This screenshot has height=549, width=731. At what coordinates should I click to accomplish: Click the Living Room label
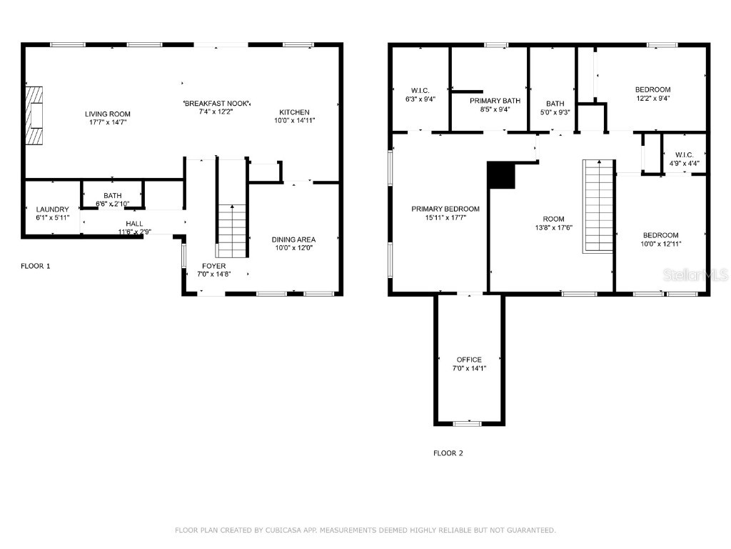pos(108,114)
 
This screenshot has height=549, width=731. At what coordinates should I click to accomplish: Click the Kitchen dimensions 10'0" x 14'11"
pos(294,122)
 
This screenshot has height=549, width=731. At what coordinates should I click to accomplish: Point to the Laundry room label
pos(53,209)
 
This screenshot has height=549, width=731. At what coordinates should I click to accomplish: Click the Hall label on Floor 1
pos(134,224)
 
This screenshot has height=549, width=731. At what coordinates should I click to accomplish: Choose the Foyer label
pos(214,266)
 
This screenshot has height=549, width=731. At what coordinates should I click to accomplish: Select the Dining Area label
pos(293,239)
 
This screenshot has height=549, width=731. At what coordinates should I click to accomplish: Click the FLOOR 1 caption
pos(36,266)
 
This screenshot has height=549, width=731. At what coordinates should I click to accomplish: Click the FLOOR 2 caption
pos(448,453)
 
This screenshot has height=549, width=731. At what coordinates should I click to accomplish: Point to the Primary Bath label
pos(490,101)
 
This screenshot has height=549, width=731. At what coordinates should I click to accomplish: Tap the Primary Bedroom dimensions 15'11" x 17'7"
pos(445,217)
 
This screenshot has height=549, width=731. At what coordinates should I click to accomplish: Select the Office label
pos(469,360)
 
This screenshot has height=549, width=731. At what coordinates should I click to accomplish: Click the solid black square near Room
pos(501,175)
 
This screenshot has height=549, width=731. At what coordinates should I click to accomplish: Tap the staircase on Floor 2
pos(599,206)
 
